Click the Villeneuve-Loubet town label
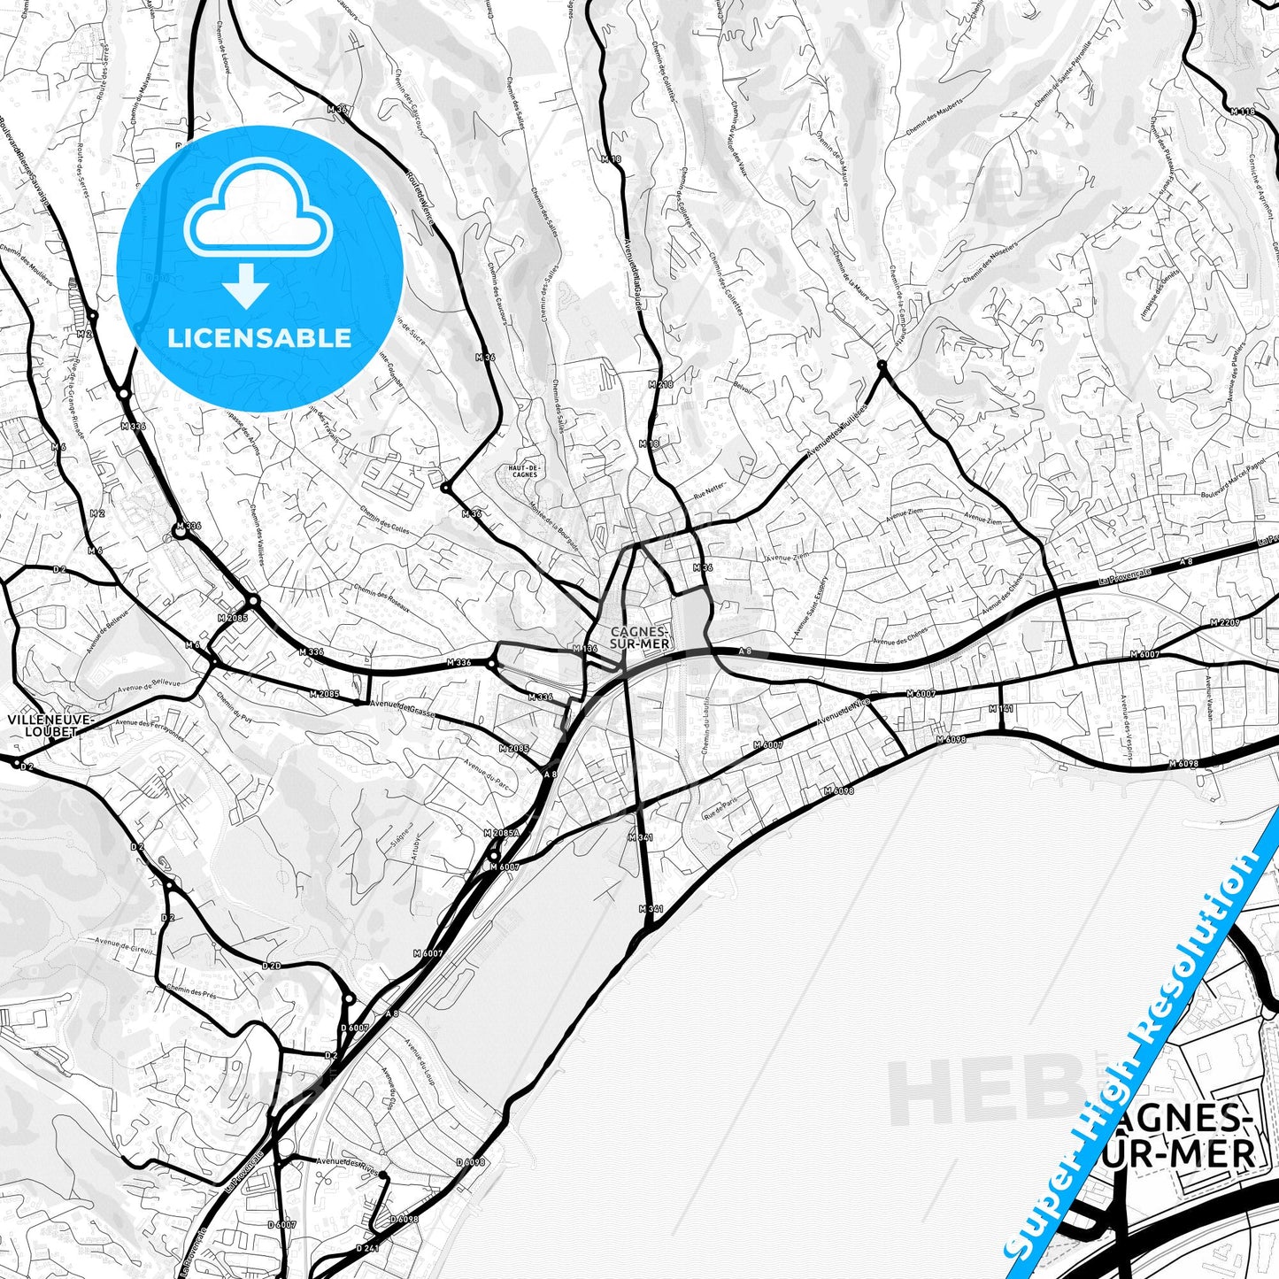(50, 725)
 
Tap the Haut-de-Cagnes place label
(524, 470)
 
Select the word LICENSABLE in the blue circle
(259, 337)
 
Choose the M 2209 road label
(1225, 623)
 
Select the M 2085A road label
(501, 834)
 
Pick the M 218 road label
(660, 385)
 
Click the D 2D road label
(271, 966)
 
